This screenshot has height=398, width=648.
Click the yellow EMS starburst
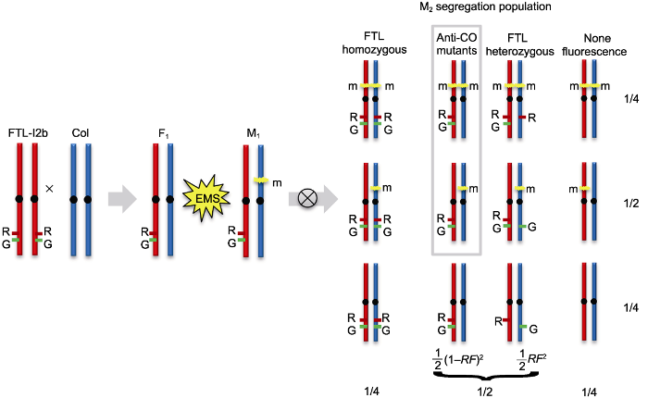point(207,198)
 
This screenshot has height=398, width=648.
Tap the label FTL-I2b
point(28,133)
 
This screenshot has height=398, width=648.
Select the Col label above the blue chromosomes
point(81,133)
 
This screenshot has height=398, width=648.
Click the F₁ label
point(164,134)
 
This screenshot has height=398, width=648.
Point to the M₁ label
point(253,134)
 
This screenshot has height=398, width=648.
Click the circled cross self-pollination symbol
point(307,199)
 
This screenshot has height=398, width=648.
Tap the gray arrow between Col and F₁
point(122,199)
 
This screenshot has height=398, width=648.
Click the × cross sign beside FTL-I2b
point(50,189)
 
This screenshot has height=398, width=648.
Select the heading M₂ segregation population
point(485,7)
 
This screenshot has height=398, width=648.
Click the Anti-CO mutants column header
point(456,44)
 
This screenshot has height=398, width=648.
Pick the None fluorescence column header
point(594,45)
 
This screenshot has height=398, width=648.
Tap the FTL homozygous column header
point(374,44)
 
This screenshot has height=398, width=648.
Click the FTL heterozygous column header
point(519,45)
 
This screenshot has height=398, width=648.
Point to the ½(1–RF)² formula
point(458,359)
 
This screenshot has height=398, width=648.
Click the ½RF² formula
point(531,359)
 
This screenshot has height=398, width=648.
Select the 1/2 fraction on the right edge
point(631,204)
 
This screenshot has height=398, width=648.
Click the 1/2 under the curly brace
point(485,392)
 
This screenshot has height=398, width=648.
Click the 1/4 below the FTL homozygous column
point(372,392)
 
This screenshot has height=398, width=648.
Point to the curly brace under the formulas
point(486,376)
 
